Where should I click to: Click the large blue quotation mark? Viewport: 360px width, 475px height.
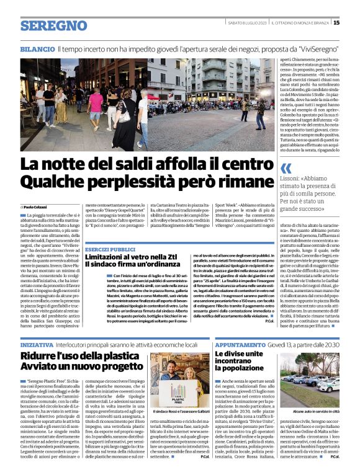[x=286, y=168]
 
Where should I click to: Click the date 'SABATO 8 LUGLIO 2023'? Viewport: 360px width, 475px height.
[x=248, y=23]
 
